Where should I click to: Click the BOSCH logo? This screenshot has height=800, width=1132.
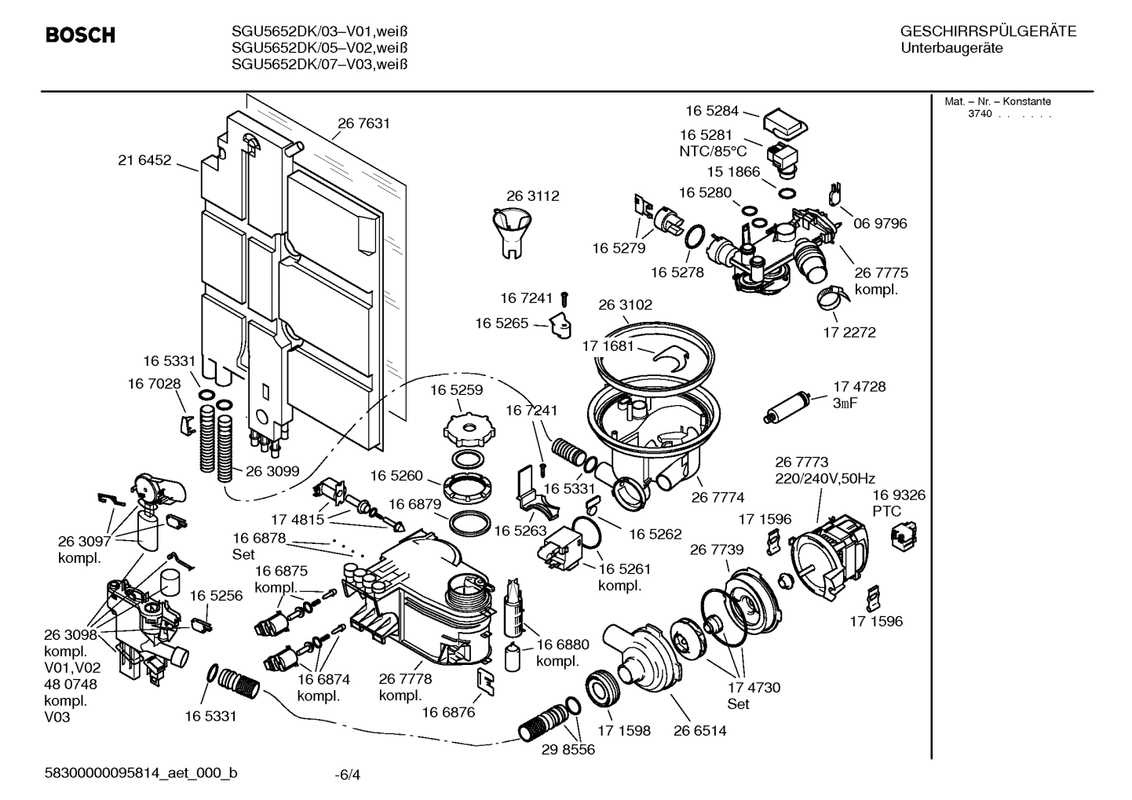(80, 35)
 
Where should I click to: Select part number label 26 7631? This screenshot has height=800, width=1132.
(363, 123)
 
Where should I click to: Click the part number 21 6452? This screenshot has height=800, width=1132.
(144, 160)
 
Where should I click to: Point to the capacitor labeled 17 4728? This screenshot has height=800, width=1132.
(791, 405)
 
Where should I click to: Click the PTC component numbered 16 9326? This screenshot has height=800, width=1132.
(896, 537)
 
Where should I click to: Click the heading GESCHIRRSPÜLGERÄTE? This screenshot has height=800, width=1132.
(988, 32)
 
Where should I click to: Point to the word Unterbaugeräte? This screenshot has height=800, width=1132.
(951, 49)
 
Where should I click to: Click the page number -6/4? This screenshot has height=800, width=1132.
(347, 775)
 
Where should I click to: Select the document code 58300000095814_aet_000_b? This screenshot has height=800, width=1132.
(141, 773)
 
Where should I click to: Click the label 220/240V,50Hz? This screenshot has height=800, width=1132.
(824, 478)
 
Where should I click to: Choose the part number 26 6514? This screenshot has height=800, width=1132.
(699, 731)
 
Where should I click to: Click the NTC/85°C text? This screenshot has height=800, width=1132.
(713, 152)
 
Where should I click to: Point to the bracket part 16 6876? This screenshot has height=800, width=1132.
(487, 682)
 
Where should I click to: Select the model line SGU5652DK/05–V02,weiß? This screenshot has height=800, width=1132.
(320, 48)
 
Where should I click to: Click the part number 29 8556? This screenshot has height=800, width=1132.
(568, 750)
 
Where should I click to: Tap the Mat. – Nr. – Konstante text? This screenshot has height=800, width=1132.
(997, 101)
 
